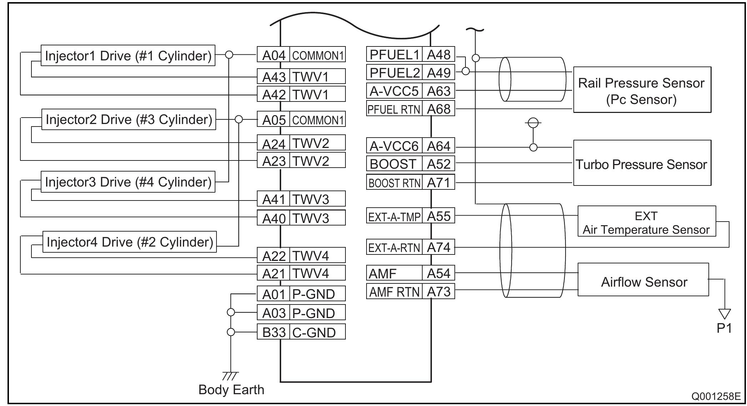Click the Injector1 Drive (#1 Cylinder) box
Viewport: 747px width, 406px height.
(128, 56)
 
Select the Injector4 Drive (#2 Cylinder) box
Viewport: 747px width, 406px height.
(129, 242)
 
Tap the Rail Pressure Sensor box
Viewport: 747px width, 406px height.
(642, 90)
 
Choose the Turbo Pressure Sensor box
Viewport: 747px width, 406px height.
(642, 163)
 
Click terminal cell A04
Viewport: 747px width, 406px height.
(273, 55)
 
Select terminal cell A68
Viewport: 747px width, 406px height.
(438, 109)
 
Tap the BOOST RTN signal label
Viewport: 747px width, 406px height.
(394, 183)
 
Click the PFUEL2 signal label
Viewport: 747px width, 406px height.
(394, 73)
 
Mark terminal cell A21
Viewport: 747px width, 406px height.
(273, 273)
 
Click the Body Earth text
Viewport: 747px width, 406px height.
(231, 390)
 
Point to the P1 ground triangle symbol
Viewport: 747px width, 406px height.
(724, 314)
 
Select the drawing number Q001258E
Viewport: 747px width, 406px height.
(716, 396)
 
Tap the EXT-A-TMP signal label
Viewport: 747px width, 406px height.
(394, 217)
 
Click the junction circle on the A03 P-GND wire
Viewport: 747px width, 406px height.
(231, 312)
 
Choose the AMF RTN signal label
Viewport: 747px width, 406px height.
(394, 292)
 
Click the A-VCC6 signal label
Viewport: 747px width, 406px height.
(394, 146)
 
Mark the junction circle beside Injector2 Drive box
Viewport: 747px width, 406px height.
(239, 119)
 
